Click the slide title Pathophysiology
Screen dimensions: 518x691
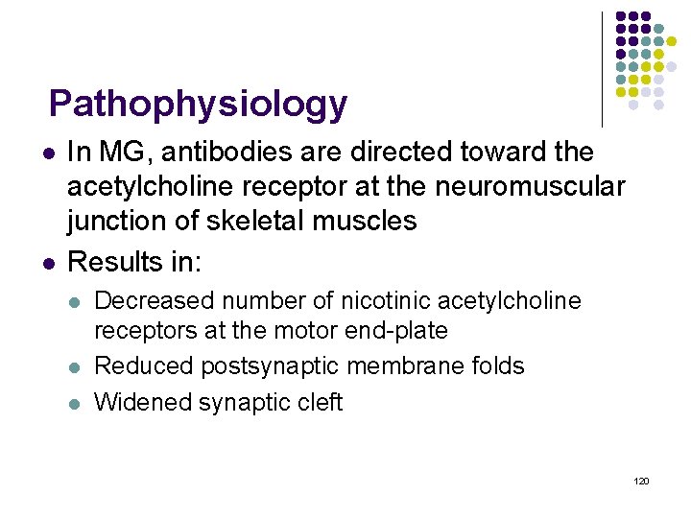(198, 104)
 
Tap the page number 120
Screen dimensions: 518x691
(642, 480)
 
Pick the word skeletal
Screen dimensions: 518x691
(257, 222)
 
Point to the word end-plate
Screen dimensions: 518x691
(401, 331)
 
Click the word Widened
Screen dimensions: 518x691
(143, 402)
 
